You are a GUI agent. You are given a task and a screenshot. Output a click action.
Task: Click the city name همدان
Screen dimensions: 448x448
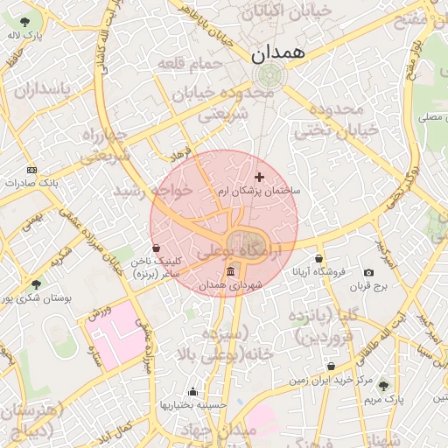[279, 53]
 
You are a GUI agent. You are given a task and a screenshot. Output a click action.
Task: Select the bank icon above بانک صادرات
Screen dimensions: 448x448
[32, 170]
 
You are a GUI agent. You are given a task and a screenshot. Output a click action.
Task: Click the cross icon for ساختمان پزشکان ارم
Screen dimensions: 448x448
[258, 177]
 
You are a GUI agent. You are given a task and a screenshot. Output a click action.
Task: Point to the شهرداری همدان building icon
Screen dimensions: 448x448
[230, 272]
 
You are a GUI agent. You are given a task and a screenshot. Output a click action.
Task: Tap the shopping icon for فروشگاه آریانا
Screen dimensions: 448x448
[318, 258]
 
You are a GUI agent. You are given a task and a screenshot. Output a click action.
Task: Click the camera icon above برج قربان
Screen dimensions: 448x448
[368, 273]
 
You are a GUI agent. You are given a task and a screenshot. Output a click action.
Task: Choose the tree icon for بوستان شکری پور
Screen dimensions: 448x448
[36, 284]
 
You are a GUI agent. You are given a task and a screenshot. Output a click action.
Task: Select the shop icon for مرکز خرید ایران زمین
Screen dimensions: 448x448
[331, 367]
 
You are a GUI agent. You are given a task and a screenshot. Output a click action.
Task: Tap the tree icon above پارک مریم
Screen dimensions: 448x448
[382, 385]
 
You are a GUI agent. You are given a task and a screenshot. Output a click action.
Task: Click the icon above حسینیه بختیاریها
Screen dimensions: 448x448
[192, 391]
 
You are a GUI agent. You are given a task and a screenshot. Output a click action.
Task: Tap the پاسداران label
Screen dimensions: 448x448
[39, 89]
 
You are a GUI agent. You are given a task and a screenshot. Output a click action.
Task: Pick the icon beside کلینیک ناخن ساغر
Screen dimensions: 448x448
[156, 248]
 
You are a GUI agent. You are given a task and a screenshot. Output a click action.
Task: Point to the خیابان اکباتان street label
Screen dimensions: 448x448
[297, 11]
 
